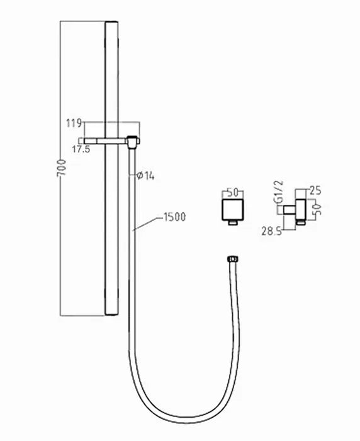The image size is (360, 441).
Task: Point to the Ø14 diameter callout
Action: point(145,176)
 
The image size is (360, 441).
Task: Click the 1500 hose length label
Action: point(174,217)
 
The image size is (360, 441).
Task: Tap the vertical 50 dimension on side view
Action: point(318,209)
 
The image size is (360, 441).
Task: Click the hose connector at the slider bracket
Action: point(132,142)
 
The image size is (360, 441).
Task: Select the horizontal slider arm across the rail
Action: point(107,140)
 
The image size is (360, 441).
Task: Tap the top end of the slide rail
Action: point(111,24)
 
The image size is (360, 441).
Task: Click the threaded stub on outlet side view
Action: point(289,209)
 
